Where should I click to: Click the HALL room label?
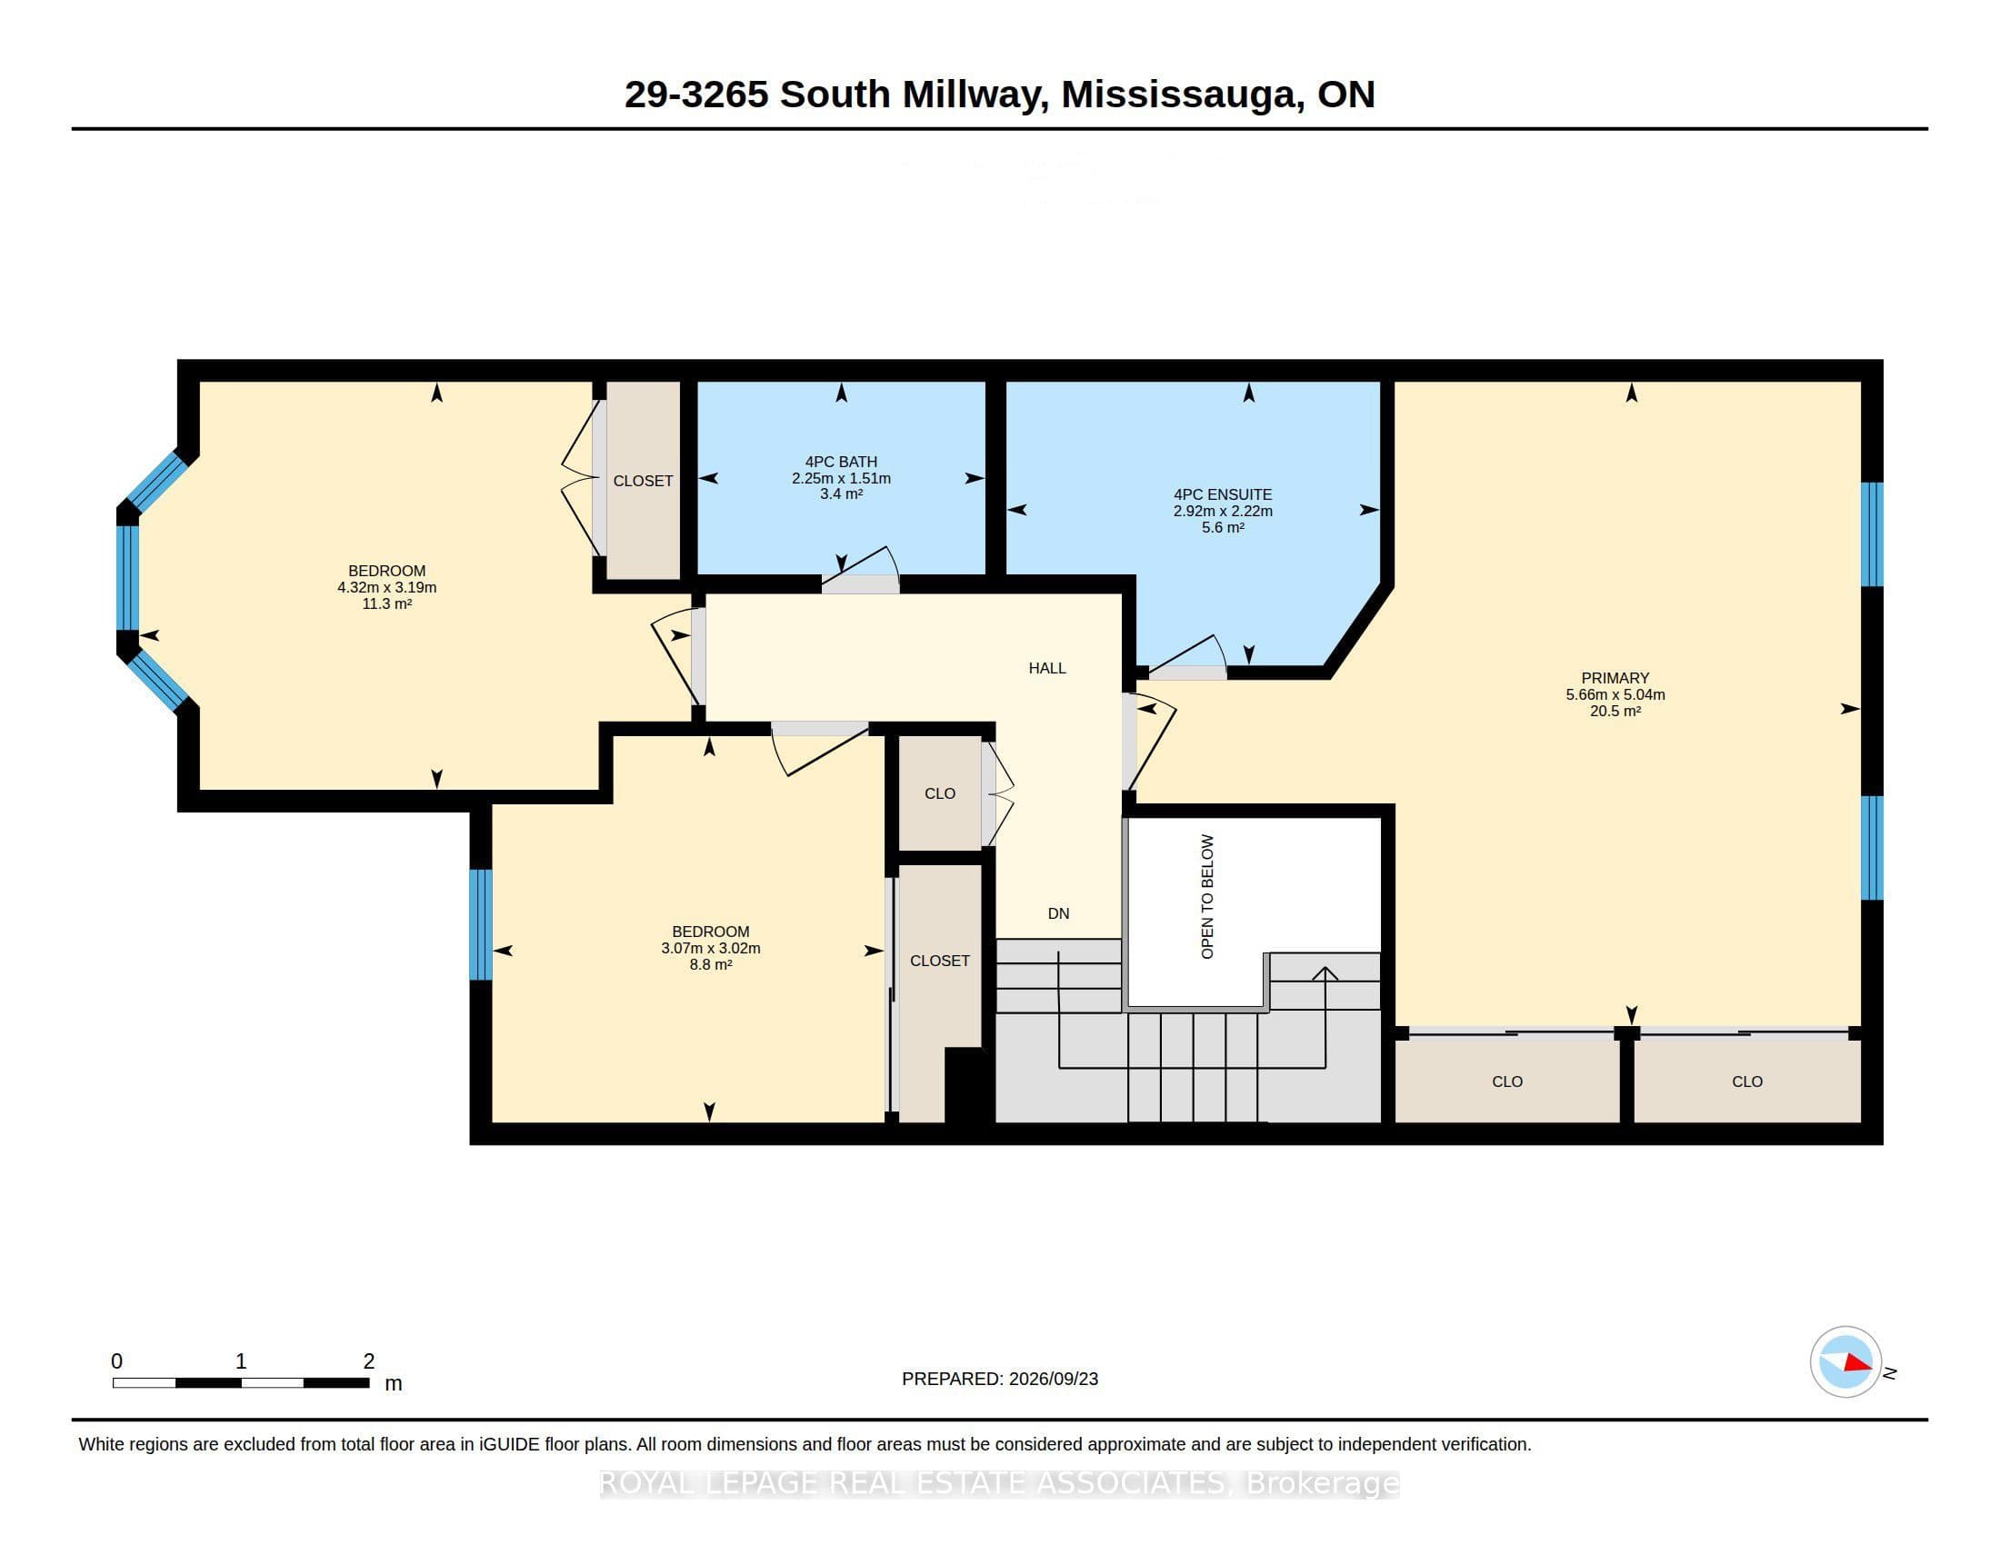point(1046,668)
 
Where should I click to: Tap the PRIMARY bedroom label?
point(1615,678)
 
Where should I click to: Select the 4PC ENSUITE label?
point(1223,494)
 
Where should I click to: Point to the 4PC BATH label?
point(841,463)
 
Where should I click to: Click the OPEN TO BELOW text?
point(1207,896)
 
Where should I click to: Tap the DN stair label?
point(1057,913)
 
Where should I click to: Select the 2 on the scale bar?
point(368,1361)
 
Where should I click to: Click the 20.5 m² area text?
point(1615,712)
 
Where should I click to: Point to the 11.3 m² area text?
point(386,604)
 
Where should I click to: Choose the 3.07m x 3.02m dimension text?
point(711,948)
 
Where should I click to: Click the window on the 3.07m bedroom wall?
point(481,924)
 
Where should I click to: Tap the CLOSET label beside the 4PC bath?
point(643,482)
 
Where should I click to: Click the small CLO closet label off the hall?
point(940,793)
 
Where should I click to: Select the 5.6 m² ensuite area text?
point(1223,527)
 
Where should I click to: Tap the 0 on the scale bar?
point(116,1361)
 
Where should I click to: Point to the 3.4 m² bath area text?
point(841,494)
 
